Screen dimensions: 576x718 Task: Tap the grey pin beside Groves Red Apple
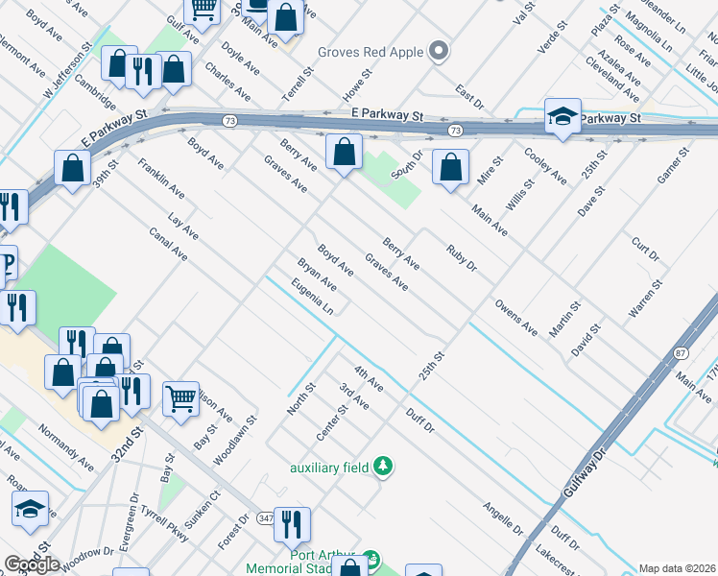440,51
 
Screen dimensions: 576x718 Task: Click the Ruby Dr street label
462,258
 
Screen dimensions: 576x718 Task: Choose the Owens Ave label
516,316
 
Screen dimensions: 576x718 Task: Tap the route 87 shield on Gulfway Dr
680,353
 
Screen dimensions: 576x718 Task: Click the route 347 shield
266,518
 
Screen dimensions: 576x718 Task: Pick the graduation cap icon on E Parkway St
562,117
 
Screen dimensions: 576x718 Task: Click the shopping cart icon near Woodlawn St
180,397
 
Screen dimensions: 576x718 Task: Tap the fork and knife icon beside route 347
293,524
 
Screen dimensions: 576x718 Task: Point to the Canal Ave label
168,245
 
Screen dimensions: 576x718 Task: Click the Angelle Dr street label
502,517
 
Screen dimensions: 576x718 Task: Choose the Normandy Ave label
67,448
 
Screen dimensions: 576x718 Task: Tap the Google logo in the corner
32,564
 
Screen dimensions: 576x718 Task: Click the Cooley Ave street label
545,164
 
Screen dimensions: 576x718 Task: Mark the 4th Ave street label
369,377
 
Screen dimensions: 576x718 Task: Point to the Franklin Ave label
161,179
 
